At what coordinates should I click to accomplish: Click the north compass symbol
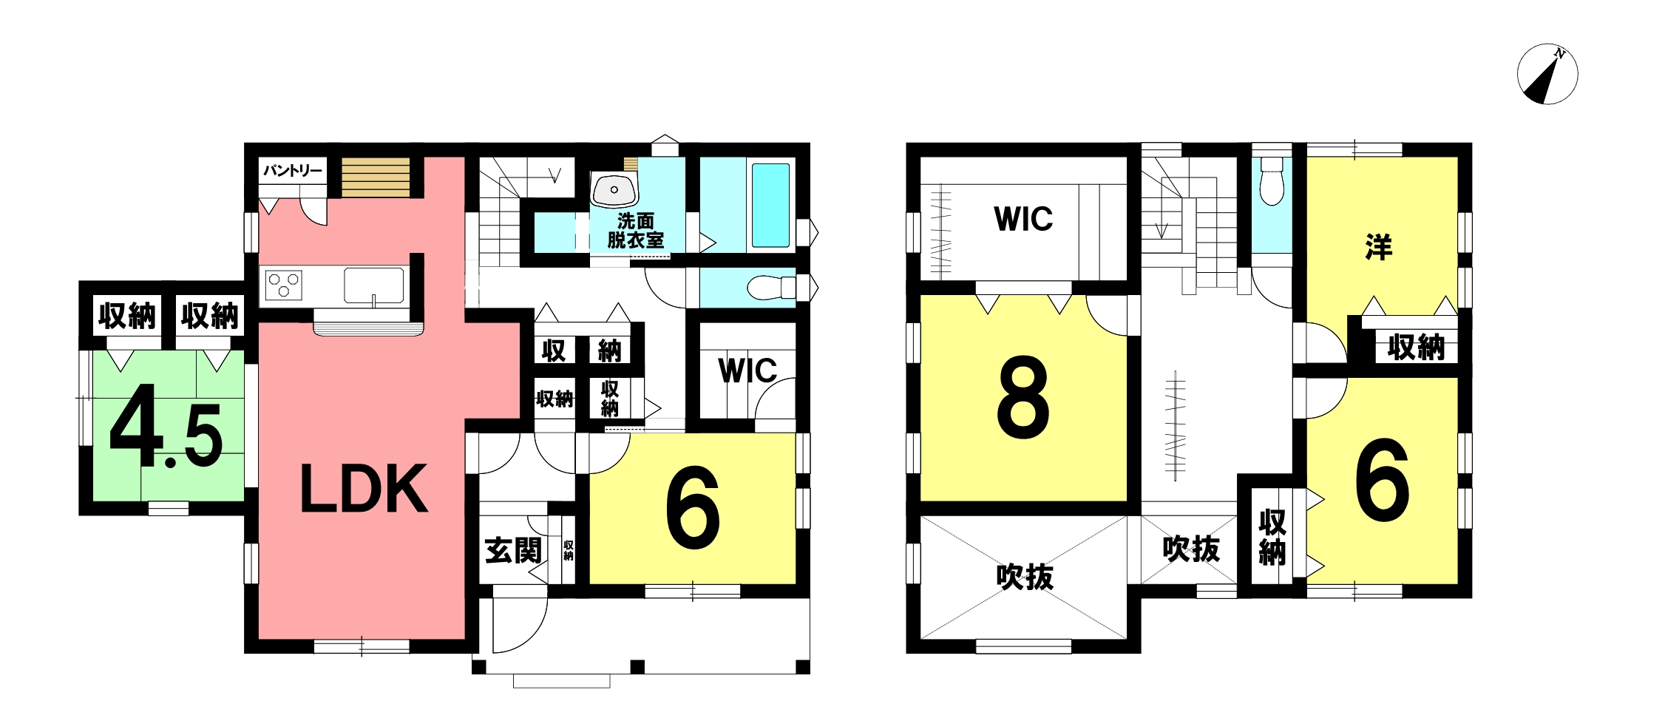pos(1547,75)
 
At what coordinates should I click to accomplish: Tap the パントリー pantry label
pos(293,171)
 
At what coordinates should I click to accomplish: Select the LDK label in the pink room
pos(364,489)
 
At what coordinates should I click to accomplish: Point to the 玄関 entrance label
pos(514,551)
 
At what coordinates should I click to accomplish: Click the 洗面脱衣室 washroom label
pos(636,231)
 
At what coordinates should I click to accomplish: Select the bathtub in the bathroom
pos(770,205)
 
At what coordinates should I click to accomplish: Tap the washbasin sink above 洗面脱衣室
pos(614,189)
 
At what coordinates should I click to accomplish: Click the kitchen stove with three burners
pos(284,285)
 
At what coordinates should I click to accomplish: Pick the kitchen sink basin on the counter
pos(374,285)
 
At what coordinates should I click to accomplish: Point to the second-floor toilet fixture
pos(1272,180)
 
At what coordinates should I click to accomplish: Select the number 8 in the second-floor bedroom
pos(1023,396)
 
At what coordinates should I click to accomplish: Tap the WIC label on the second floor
pos(1023,219)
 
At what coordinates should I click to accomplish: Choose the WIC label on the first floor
pos(747,371)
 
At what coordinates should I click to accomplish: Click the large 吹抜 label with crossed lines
pos(1025,577)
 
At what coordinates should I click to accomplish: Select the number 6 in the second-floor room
pos(1383,480)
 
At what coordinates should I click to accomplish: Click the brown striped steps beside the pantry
pos(375,177)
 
